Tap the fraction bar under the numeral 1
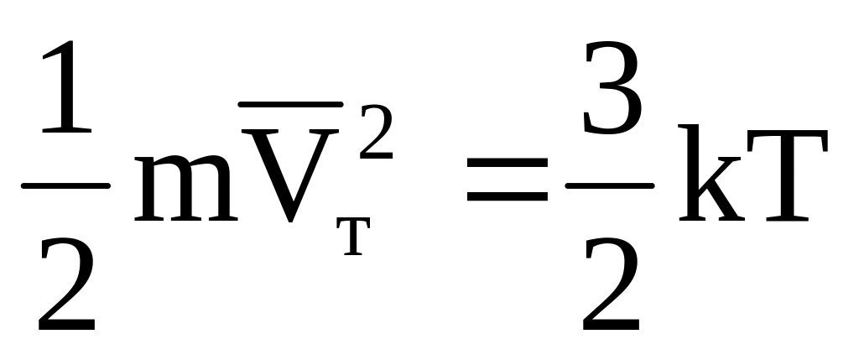tap(65, 184)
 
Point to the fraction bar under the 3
tap(610, 184)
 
